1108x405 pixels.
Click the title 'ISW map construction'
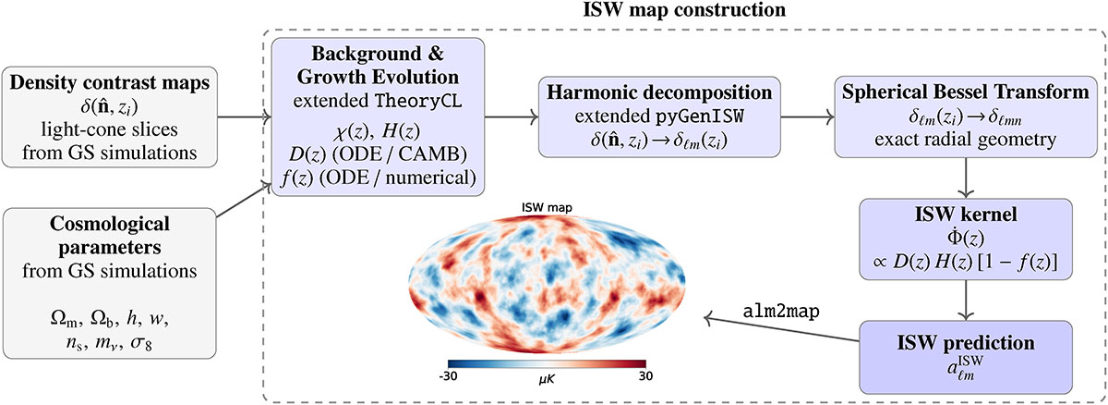684,9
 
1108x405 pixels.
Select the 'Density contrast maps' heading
109,82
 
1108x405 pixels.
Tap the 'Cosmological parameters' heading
109,235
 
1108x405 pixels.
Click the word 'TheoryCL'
418,101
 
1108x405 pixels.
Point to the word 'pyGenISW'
700,116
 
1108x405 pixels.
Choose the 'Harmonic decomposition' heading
659,92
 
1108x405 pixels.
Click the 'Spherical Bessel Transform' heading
966,92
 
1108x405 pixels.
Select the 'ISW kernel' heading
966,214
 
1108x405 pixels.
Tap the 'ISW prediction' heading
966,343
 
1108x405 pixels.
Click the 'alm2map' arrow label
781,311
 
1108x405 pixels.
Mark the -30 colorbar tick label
448,375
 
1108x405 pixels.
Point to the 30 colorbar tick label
645,375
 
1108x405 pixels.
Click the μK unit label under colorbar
547,380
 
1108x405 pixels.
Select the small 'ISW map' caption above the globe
547,207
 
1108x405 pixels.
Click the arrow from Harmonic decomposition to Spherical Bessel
807,117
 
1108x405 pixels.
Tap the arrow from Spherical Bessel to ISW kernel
966,178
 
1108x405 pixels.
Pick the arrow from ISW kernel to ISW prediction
966,301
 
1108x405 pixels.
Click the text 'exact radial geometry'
965,139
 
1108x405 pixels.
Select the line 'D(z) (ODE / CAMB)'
378,154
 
